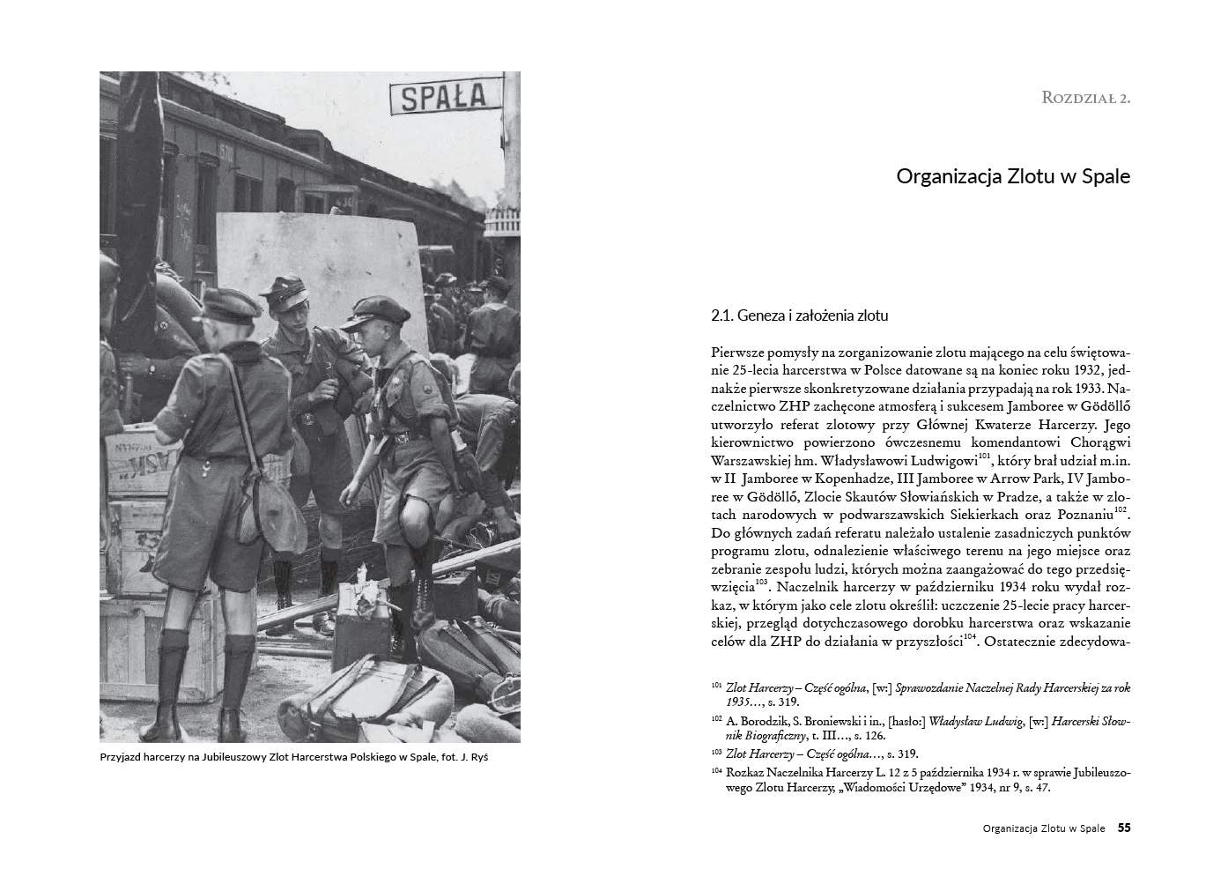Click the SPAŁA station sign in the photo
point(443,96)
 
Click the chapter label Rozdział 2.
point(1085,98)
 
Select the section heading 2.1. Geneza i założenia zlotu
point(800,315)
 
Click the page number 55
point(1124,828)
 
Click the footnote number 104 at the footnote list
point(716,770)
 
